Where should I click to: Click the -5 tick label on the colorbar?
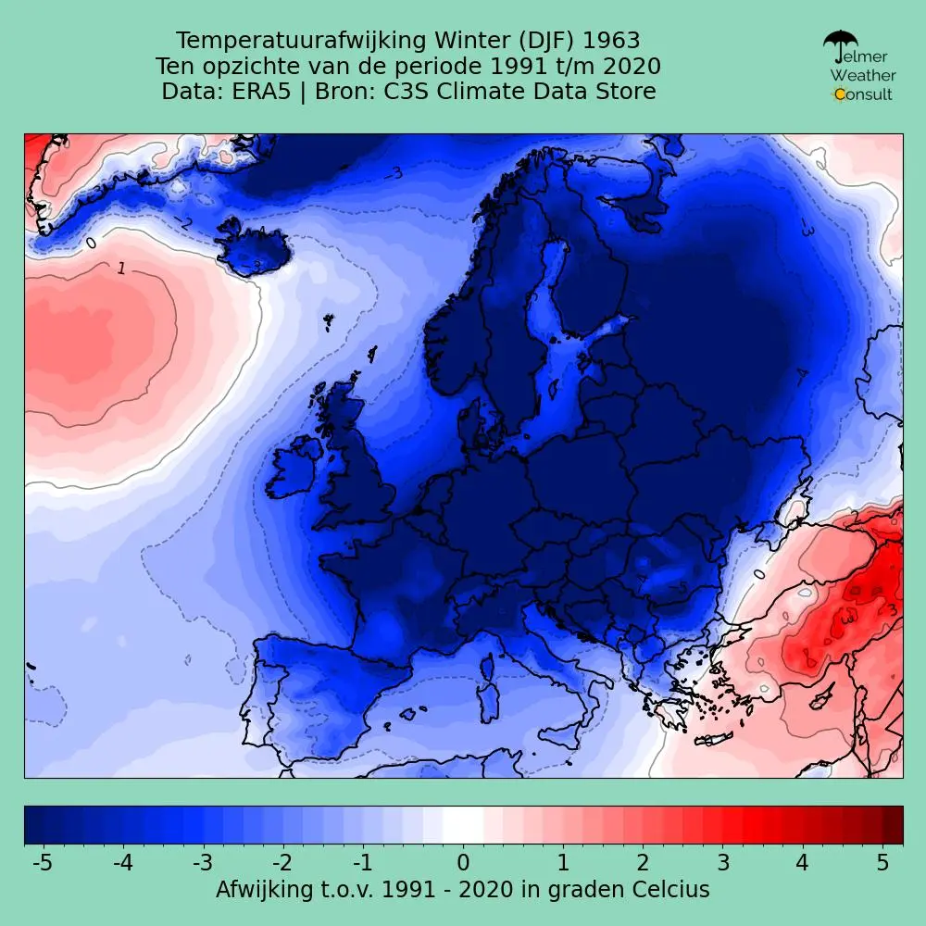tap(42, 863)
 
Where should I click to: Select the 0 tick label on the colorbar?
tap(463, 863)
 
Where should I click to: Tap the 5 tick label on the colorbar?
tap(883, 863)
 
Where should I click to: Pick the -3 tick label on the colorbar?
tap(203, 863)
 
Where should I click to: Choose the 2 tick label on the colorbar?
tap(643, 863)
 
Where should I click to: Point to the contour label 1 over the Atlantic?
tap(120, 269)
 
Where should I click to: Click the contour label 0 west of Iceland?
tap(91, 243)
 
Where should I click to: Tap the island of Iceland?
tap(255, 248)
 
